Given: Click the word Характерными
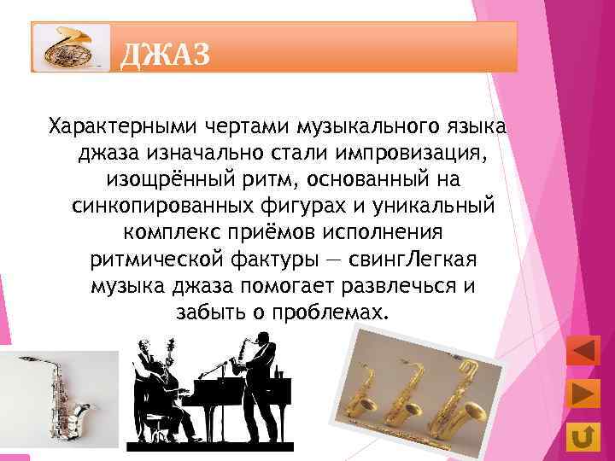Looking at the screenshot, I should pos(122,127).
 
